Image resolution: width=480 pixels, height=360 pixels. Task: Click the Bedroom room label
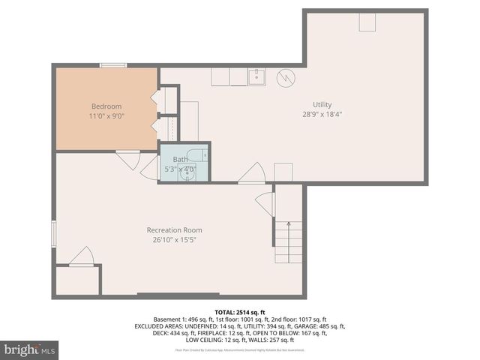(106, 106)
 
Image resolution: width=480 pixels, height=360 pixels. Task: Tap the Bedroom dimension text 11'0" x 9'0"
(106, 117)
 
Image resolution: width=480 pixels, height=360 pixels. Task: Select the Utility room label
(322, 104)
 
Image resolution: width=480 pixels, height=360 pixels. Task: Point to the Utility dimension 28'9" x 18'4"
(322, 115)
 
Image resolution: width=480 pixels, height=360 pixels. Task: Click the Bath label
(181, 159)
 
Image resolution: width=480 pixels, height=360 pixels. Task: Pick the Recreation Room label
(174, 229)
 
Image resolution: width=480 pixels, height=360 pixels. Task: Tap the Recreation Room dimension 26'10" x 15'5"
(174, 240)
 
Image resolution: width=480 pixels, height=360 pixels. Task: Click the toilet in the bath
(199, 157)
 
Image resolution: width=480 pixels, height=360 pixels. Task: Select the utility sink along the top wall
(257, 76)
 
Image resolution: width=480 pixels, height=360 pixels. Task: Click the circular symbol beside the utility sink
(286, 77)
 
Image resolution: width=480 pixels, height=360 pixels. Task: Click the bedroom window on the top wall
(112, 66)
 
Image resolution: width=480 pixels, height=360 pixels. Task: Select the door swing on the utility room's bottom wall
(251, 173)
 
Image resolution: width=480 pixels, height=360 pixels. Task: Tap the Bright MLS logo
(30, 349)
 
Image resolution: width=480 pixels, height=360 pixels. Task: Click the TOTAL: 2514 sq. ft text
(239, 311)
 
